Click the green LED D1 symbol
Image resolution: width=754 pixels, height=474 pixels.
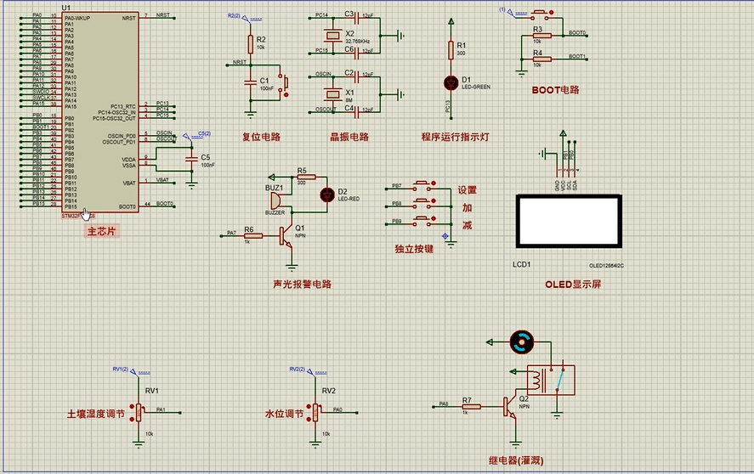click(451, 82)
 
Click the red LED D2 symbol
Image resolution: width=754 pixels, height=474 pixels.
click(326, 195)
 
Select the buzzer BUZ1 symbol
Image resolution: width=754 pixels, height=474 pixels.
click(276, 201)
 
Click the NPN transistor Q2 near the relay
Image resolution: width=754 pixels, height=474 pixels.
click(513, 407)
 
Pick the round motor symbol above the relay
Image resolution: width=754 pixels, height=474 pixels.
click(520, 342)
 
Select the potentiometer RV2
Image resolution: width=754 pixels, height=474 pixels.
click(316, 412)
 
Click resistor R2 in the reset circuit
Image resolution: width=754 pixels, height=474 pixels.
click(250, 43)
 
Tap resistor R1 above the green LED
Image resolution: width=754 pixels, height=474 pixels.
click(451, 49)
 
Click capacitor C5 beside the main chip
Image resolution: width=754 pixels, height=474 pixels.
click(191, 159)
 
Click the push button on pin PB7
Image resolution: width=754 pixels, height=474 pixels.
click(423, 185)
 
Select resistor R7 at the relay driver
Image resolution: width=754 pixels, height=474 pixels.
click(467, 407)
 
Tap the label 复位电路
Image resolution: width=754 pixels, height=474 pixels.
click(261, 136)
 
